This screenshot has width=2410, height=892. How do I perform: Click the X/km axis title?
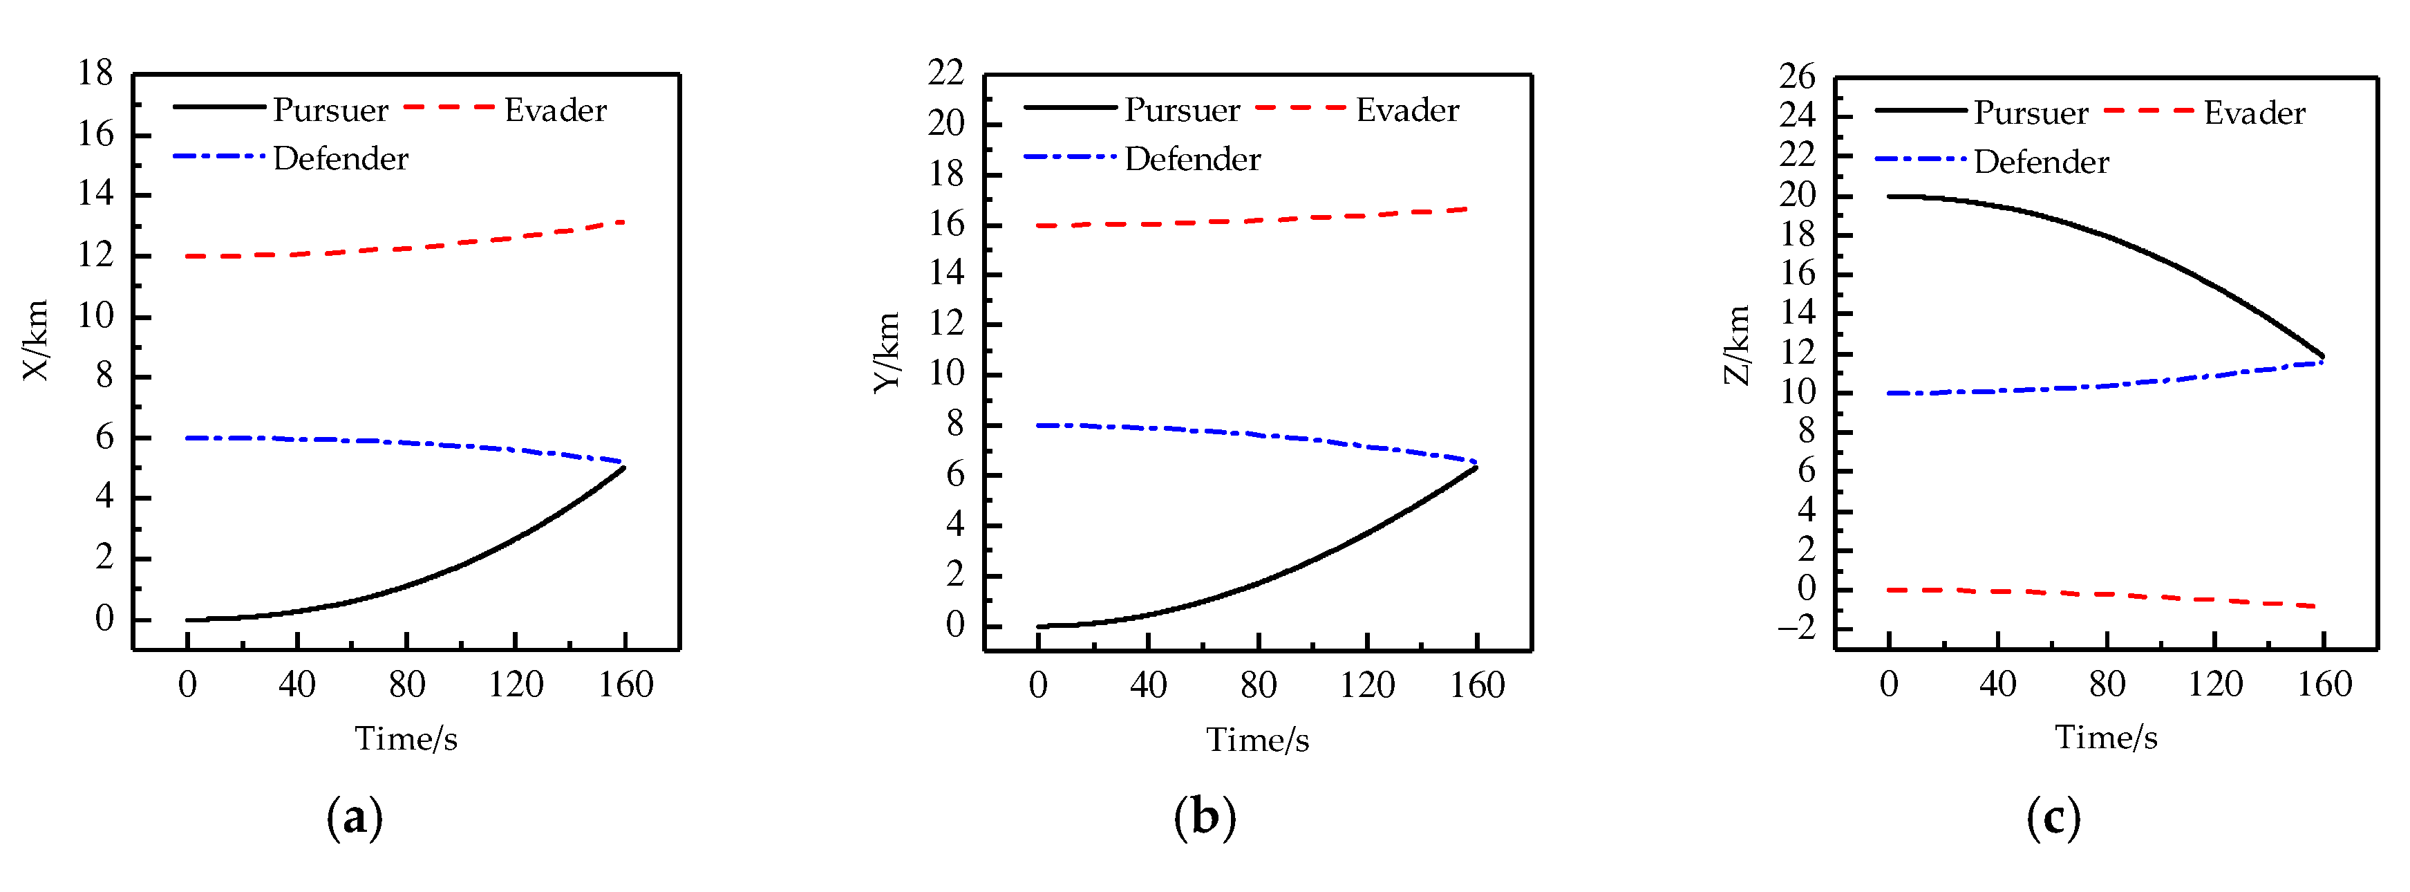tap(35, 341)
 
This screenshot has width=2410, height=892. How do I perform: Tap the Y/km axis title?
tap(887, 353)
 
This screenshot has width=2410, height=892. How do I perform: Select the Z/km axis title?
tap(1738, 345)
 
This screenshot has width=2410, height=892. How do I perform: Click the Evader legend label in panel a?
tap(555, 111)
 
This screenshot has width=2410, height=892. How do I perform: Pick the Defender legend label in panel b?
tap(1192, 159)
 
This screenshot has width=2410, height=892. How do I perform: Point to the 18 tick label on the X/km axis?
tap(95, 73)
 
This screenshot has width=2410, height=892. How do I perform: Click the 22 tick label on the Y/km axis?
tap(946, 73)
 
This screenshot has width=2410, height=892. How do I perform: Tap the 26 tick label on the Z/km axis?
tap(1797, 76)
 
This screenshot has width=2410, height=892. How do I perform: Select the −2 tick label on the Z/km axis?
tap(1796, 628)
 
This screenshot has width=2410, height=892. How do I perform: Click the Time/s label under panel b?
tap(1257, 741)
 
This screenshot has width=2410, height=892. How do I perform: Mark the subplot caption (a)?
tap(355, 817)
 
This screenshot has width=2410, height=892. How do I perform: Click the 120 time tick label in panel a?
tap(516, 685)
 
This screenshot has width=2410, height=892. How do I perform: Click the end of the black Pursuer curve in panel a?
tap(624, 467)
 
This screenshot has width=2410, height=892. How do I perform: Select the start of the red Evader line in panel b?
tap(1039, 225)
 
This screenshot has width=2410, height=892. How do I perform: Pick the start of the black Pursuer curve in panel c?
tap(1889, 196)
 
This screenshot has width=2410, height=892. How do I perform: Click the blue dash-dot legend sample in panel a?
tap(219, 156)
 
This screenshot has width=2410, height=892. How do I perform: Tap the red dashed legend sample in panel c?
tap(2148, 111)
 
